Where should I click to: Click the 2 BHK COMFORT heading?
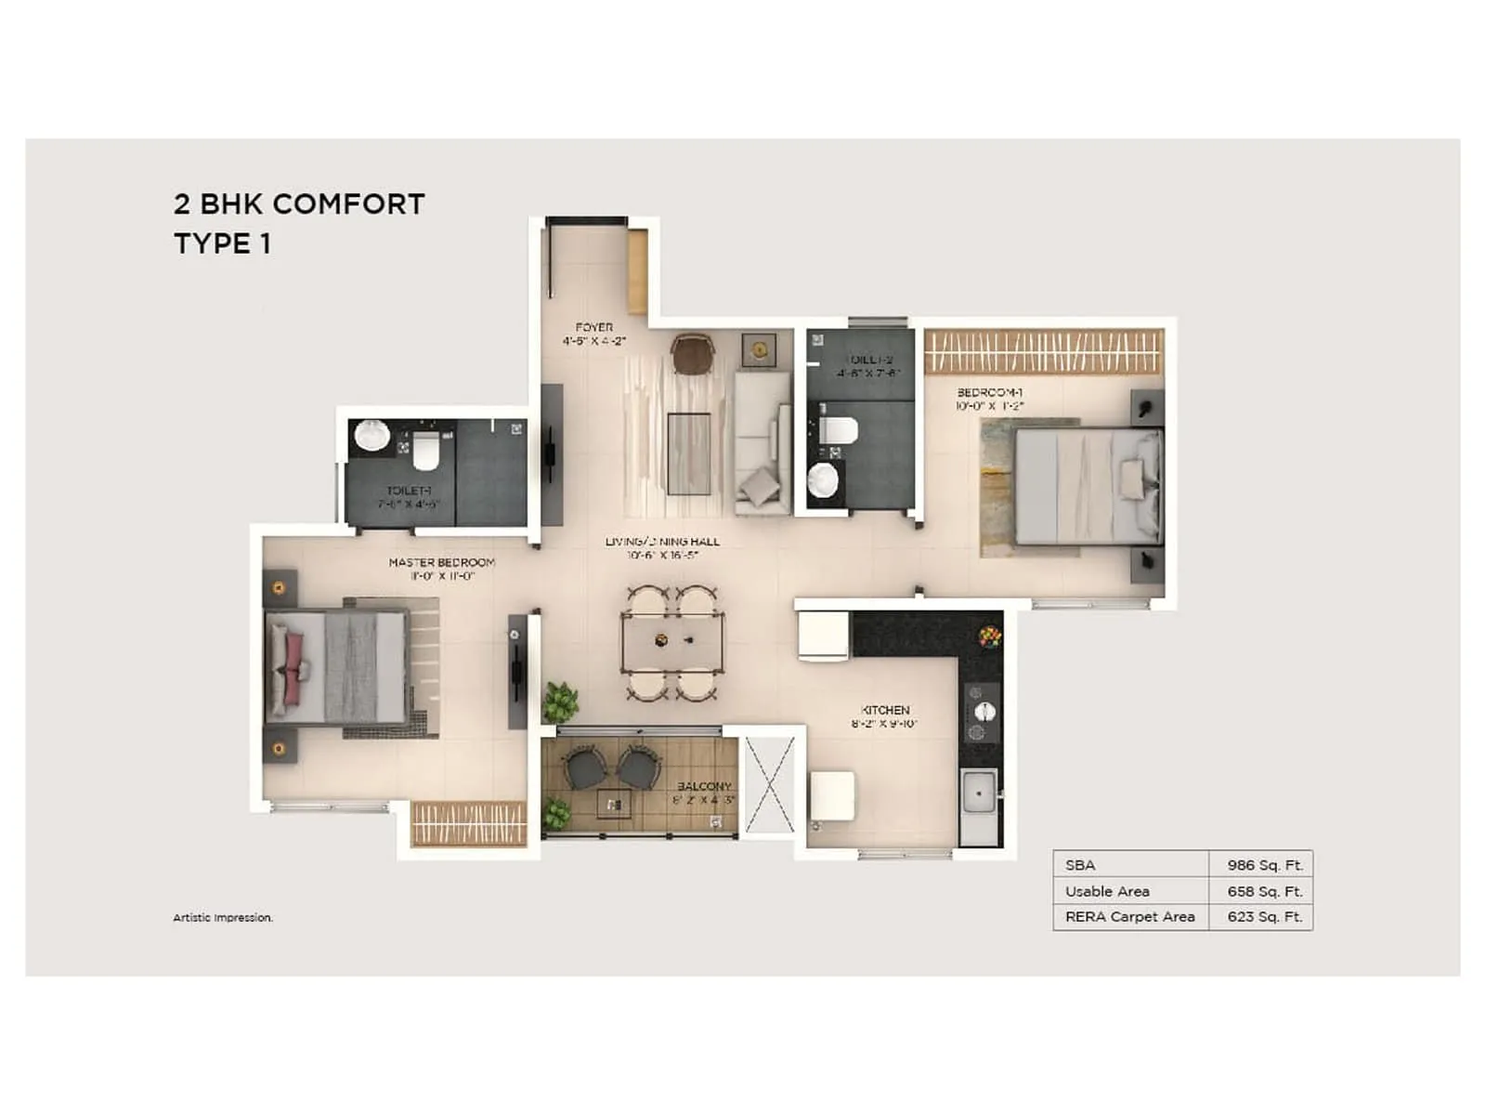(299, 204)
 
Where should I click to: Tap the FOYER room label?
(594, 328)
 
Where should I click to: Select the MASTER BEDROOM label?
(441, 562)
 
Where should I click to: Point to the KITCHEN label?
(885, 710)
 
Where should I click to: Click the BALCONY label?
(704, 787)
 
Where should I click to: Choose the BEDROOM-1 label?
(989, 393)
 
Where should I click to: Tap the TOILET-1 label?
(409, 491)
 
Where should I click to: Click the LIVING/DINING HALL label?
(662, 542)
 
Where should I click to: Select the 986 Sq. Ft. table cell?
(1264, 865)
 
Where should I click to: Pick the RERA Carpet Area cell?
(1129, 917)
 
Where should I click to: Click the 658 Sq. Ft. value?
(1264, 891)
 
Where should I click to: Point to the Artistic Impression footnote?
(223, 918)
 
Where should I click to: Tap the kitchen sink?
(978, 795)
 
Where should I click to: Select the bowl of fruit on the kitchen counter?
(990, 636)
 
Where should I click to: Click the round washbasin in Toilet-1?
(371, 435)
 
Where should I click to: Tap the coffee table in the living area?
(688, 453)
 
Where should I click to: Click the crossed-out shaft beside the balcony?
(771, 785)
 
